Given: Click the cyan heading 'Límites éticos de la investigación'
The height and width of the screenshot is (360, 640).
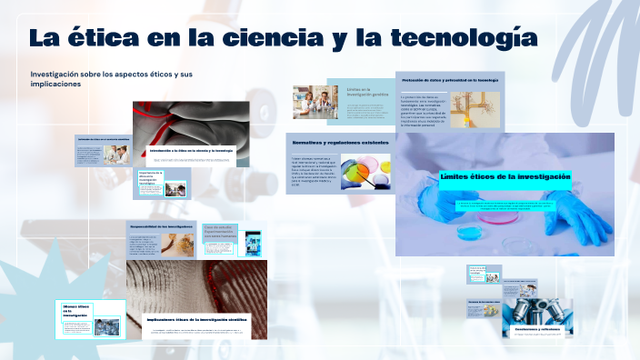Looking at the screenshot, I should [x=505, y=176].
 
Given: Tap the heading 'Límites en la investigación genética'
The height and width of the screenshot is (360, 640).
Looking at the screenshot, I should [x=360, y=93].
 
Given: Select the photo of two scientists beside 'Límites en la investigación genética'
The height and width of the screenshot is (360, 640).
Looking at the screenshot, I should [x=315, y=101].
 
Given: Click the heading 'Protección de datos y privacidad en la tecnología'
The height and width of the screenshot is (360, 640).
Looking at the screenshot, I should [x=449, y=80].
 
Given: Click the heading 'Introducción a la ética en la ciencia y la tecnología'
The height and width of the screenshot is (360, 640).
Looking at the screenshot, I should [x=191, y=150].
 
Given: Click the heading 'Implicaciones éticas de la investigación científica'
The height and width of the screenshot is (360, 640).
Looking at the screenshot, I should [x=199, y=318].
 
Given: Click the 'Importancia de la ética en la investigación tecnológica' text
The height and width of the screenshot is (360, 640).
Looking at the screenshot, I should [x=150, y=178].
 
